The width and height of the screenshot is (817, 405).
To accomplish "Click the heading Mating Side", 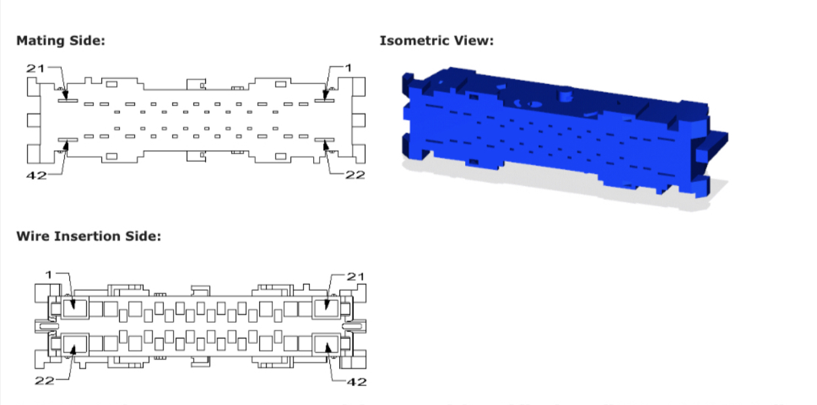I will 60,41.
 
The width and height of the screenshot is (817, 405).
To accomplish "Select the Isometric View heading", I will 436,41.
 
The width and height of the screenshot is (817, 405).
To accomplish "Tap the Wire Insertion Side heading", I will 88,236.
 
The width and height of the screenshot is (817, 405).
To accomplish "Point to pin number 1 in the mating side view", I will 349,68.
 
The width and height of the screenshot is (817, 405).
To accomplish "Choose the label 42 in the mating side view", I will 36,175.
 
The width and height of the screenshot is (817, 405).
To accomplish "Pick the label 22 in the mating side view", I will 356,175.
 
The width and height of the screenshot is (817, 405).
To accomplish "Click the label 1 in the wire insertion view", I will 49,274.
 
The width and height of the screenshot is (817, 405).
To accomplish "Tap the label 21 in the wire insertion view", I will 356,276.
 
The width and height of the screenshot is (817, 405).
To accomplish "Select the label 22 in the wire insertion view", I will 44,381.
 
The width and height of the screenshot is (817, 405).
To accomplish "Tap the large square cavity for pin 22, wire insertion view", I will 74,344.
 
